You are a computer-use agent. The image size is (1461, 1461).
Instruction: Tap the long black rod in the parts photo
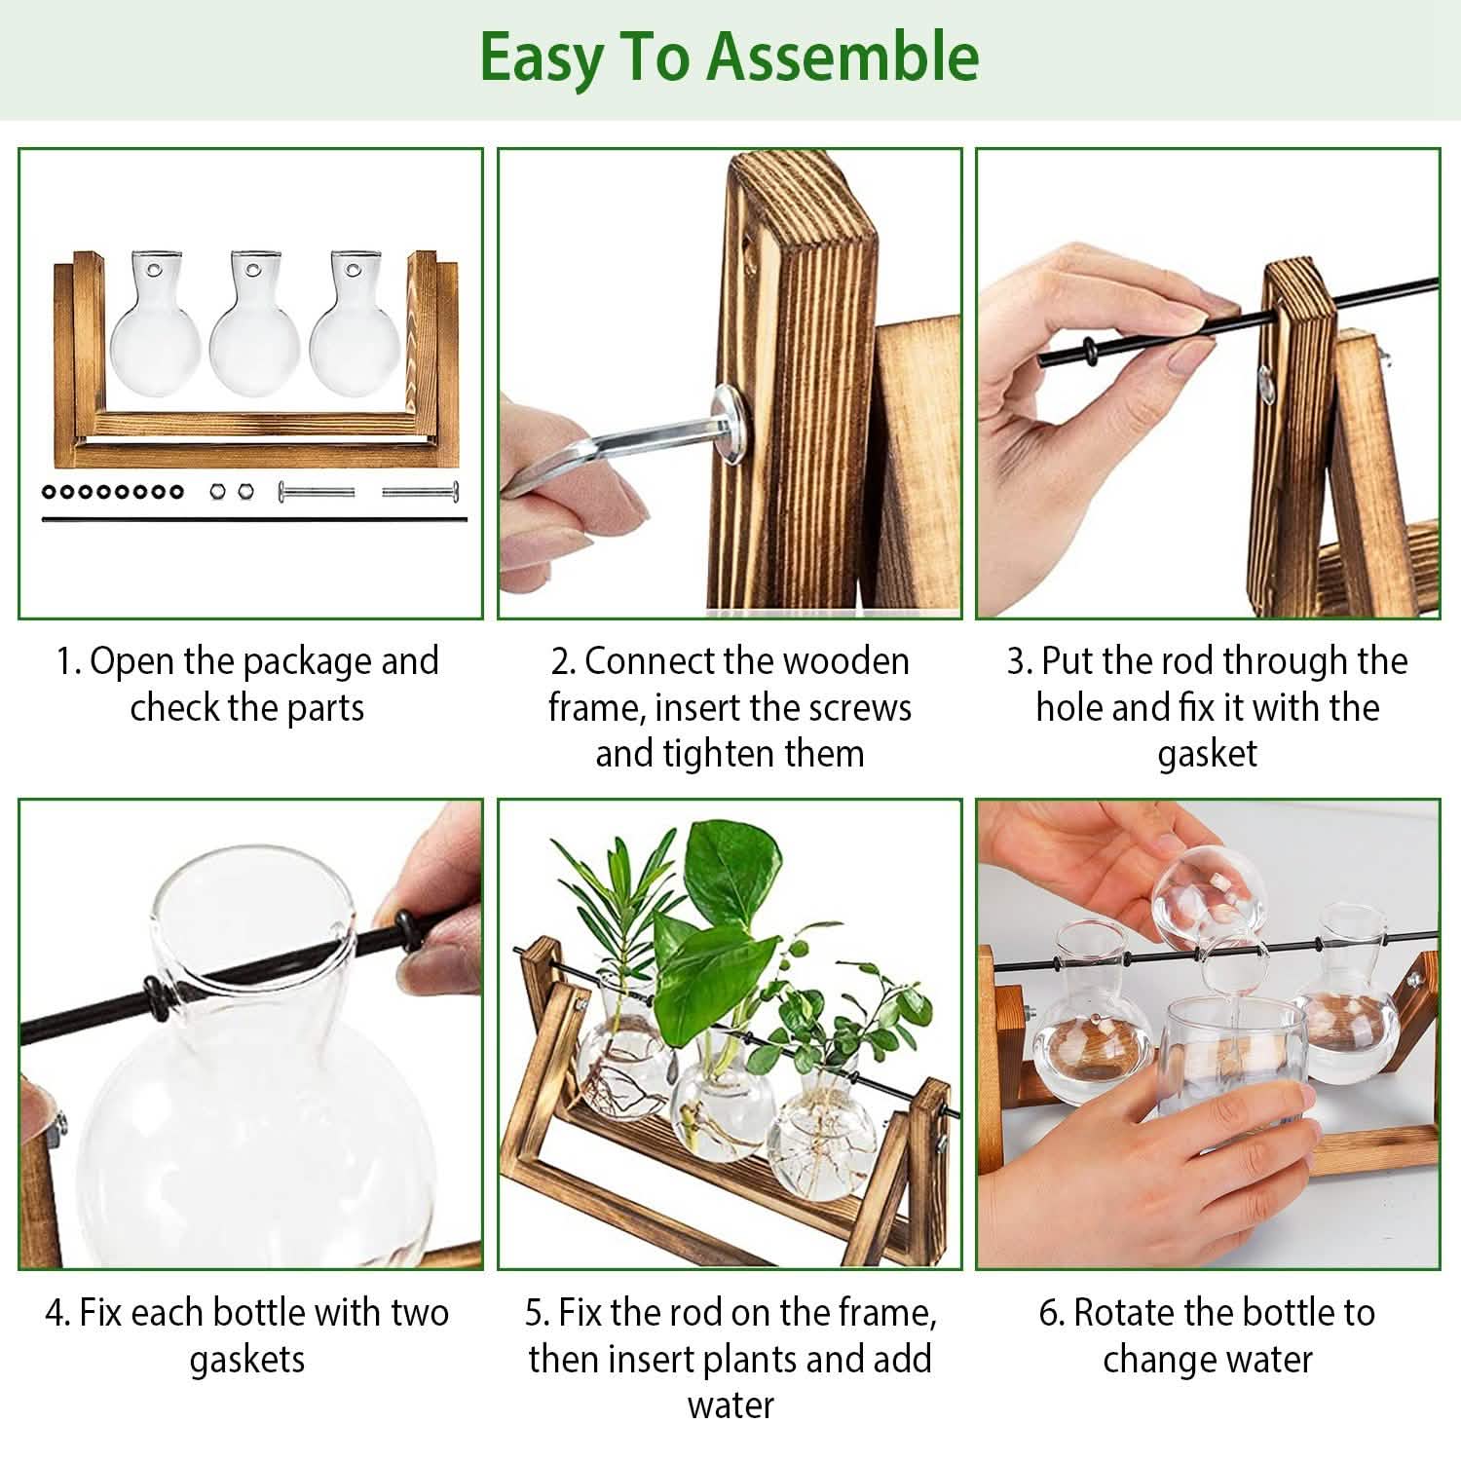coord(253,519)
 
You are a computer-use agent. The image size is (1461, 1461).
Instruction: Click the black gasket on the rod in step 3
coord(1087,350)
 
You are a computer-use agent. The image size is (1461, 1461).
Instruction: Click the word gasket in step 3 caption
coord(1207,754)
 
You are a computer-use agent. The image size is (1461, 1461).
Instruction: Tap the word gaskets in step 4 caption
coord(247,1360)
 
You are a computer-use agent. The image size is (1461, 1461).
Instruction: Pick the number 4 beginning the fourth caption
coord(56,1313)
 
